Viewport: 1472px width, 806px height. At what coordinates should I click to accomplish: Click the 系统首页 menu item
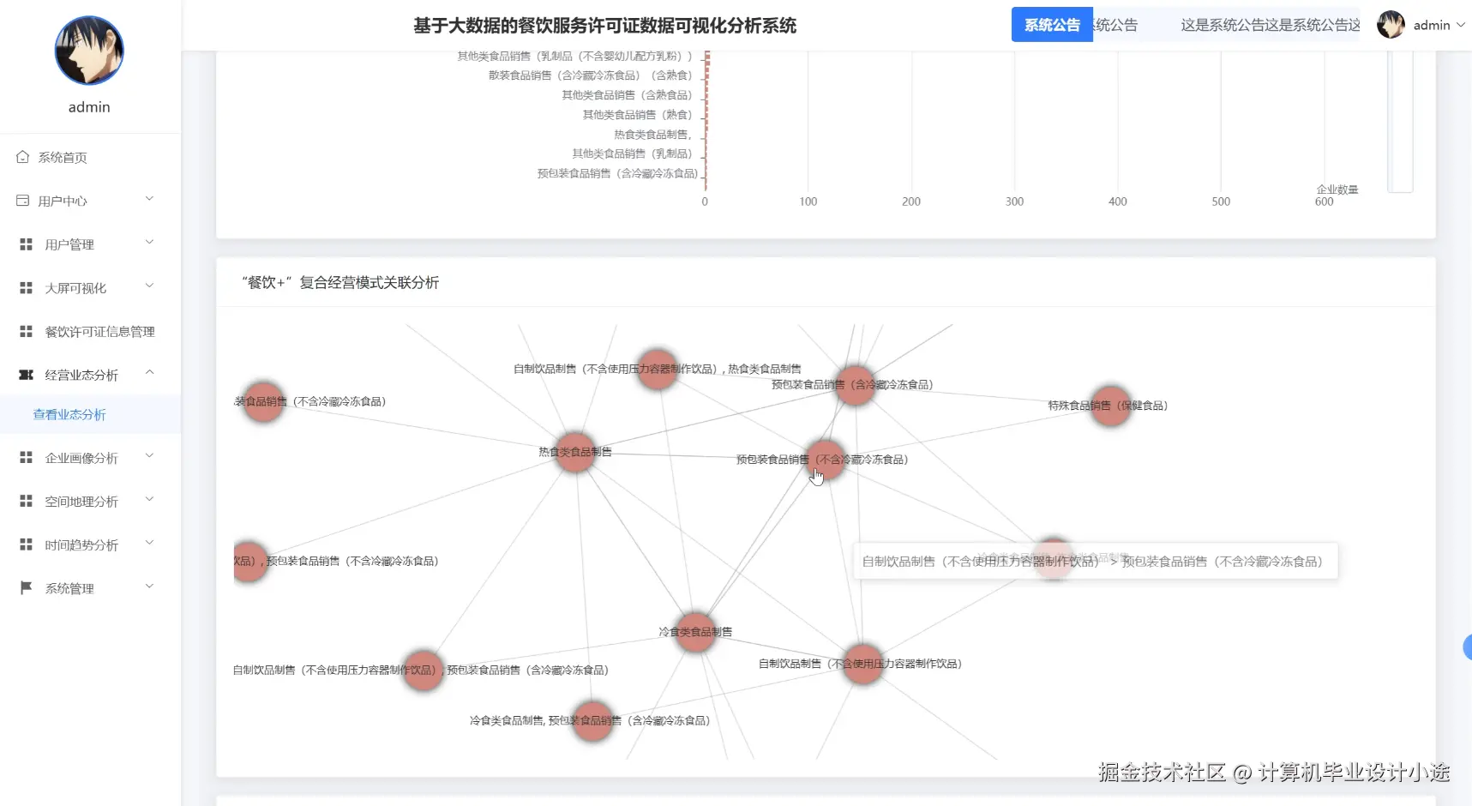(x=62, y=158)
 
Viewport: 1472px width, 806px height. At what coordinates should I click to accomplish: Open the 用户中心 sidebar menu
(x=63, y=201)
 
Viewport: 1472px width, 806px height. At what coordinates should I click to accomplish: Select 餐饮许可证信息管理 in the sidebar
(x=99, y=332)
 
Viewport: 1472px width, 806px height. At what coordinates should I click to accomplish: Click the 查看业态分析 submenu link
(x=69, y=415)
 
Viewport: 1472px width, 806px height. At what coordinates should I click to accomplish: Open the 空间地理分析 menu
(x=81, y=502)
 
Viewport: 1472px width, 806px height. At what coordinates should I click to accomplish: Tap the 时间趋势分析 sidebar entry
(x=81, y=545)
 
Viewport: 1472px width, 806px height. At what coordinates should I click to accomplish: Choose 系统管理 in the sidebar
(x=69, y=589)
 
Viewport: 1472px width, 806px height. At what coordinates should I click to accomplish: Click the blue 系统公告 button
(x=1052, y=25)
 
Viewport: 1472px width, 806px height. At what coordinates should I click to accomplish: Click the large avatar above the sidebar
(x=89, y=51)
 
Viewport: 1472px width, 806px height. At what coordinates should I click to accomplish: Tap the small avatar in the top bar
(x=1391, y=25)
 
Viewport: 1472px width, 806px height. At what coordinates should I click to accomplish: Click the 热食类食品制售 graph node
(x=575, y=453)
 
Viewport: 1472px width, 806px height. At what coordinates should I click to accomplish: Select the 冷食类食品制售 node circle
(x=695, y=632)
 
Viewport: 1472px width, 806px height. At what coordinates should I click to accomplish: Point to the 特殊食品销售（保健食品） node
(x=1110, y=406)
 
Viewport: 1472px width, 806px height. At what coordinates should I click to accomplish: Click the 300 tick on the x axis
(x=1014, y=201)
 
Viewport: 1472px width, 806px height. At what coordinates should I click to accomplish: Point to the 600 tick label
(x=1324, y=201)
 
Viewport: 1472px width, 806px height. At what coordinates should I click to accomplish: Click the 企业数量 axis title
(x=1337, y=189)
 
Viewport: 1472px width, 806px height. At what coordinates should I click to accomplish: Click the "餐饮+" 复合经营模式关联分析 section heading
(x=340, y=283)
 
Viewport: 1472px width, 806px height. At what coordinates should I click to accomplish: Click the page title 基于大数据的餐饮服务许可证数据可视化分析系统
(x=604, y=26)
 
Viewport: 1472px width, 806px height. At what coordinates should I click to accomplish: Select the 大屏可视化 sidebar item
(x=75, y=288)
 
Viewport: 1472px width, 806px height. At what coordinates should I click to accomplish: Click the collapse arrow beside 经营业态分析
(x=150, y=373)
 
